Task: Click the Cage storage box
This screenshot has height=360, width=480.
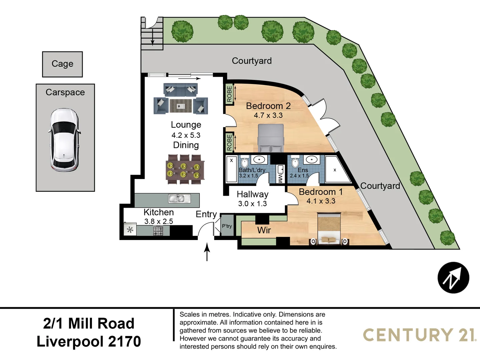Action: coord(62,64)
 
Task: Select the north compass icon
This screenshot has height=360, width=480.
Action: coord(453,278)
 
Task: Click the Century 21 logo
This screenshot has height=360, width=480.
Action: coord(419,335)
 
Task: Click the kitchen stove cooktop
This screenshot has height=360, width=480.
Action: coord(158,231)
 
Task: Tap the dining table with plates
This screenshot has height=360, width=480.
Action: coord(185,169)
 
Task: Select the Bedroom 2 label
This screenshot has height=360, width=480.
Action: coord(268,106)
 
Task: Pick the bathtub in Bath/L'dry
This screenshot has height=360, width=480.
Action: coord(231,169)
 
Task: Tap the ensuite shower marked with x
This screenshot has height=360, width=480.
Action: coord(335,170)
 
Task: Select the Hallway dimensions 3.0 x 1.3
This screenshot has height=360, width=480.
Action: coord(252,204)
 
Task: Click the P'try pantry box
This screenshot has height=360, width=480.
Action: coord(227,226)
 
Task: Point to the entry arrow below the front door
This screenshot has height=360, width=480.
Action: coord(207,252)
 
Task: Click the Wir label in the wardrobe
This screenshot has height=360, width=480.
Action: coord(264,230)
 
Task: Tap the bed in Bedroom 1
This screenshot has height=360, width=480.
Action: coord(329,229)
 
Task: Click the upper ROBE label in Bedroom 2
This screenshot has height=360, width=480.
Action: coord(229,94)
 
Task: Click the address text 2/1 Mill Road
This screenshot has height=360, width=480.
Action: coord(89,323)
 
